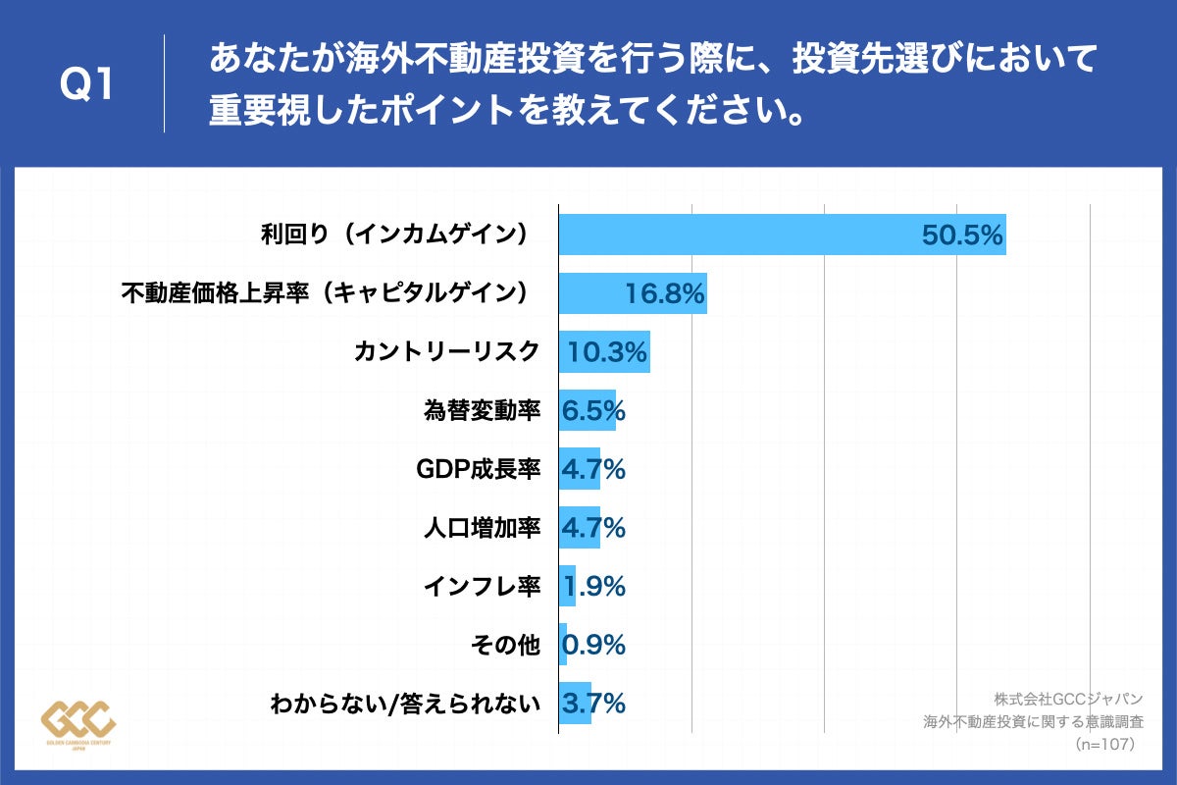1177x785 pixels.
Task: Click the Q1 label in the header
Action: click(x=86, y=85)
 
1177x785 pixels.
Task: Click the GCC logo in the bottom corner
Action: click(x=78, y=723)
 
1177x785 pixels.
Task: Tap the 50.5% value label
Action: click(x=961, y=235)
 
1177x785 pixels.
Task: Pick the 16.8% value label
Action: click(x=665, y=293)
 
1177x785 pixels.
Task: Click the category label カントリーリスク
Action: click(x=446, y=351)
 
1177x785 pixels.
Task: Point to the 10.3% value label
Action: click(x=608, y=352)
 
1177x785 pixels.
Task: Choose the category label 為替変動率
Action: click(x=482, y=410)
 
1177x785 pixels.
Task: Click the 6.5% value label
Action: click(x=592, y=411)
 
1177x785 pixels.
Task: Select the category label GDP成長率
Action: click(x=479, y=469)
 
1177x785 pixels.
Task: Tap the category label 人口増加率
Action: click(x=482, y=528)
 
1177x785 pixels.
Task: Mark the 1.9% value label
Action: click(x=593, y=587)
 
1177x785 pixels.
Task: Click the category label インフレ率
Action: click(x=482, y=587)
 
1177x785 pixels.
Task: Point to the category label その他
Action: click(x=506, y=645)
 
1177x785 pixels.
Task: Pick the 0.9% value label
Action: click(x=593, y=646)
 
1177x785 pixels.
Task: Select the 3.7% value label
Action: click(x=593, y=704)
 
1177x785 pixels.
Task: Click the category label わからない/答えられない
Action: click(x=405, y=704)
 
